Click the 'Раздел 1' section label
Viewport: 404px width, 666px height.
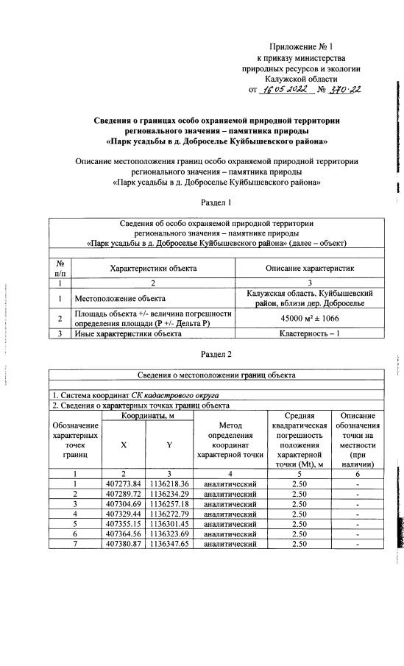216,202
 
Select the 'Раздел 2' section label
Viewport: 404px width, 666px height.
216,354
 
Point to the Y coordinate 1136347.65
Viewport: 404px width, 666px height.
169,544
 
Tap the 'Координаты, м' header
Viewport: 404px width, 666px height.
146,417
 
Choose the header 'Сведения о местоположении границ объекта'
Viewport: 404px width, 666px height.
216,375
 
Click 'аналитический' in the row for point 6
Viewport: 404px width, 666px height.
230,534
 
